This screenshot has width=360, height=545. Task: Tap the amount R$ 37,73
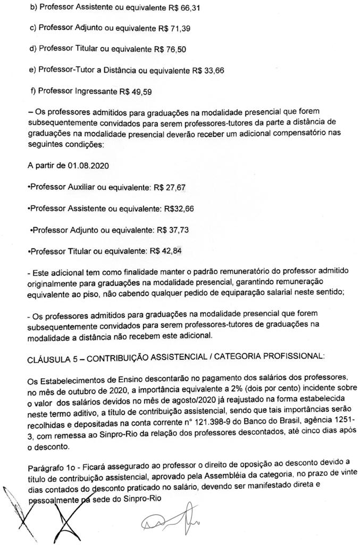(x=173, y=229)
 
